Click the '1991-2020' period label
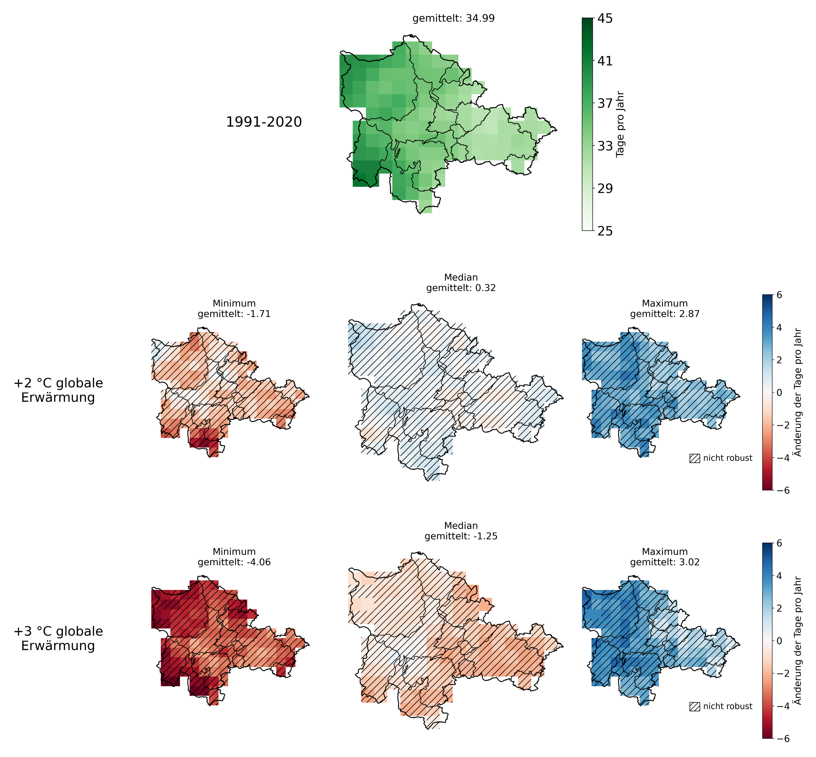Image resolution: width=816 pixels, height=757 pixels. (264, 122)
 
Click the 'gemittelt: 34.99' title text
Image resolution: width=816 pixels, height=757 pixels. (454, 18)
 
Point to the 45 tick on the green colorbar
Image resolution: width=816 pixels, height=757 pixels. (605, 18)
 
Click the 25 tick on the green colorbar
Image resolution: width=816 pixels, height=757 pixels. (605, 231)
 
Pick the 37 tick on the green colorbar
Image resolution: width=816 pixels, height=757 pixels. (605, 103)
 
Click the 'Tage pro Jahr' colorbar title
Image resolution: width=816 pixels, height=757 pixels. (620, 124)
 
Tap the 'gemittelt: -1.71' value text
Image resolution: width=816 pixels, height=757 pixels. (234, 314)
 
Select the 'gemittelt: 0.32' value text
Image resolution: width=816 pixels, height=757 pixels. (461, 288)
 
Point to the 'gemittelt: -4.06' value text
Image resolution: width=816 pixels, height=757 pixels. (234, 562)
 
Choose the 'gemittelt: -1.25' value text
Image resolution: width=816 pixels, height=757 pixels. (461, 536)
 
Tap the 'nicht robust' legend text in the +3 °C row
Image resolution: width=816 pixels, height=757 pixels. (728, 706)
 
